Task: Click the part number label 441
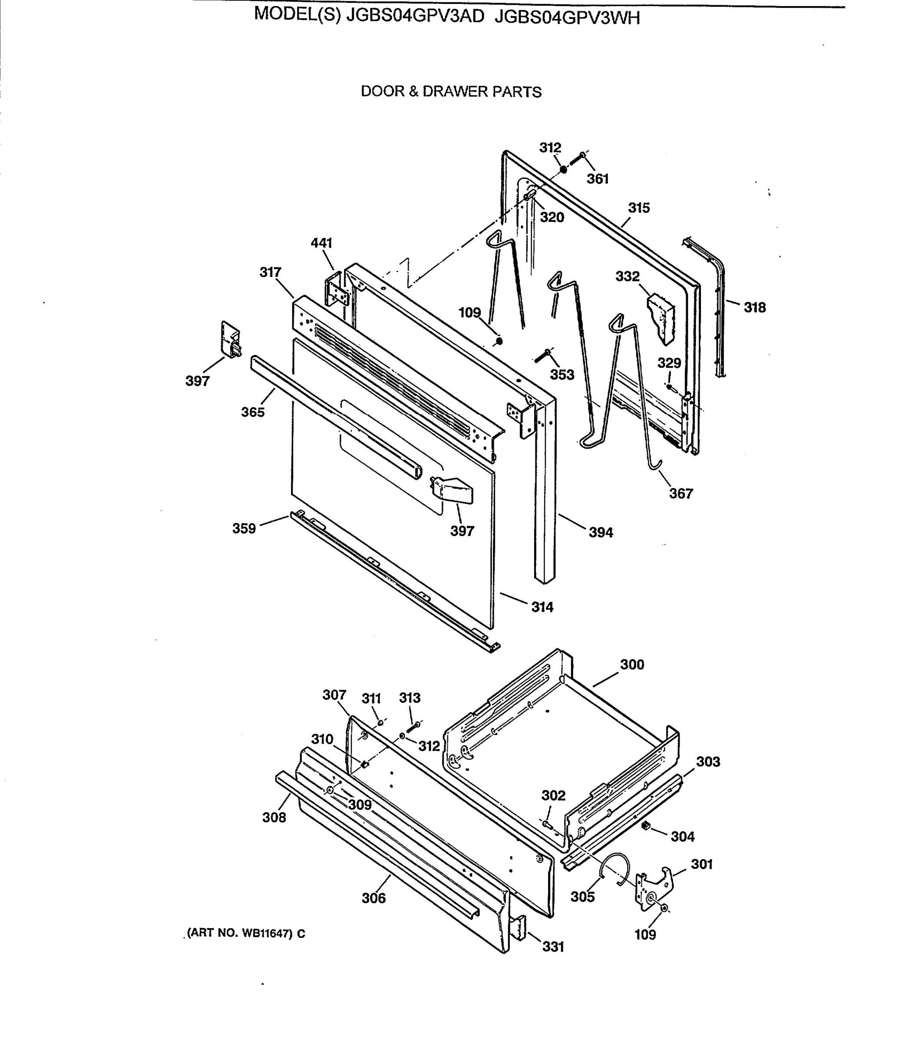coord(321,243)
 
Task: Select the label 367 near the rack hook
coord(681,493)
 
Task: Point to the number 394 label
coord(601,532)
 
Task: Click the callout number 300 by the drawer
coord(632,664)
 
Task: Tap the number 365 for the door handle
coord(252,412)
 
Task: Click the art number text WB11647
coord(266,933)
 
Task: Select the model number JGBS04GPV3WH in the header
coord(567,18)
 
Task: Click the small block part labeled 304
coord(645,826)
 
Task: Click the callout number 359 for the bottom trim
coord(244,528)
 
